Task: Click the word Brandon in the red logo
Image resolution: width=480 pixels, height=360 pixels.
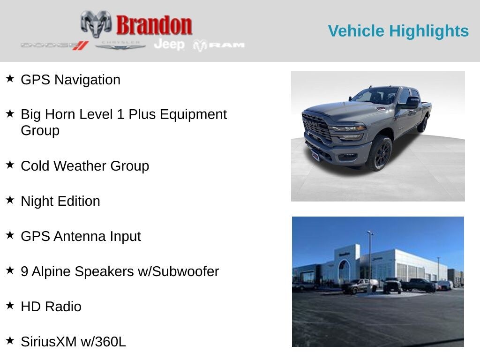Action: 154,25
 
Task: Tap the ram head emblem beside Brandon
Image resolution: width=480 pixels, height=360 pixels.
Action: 96,23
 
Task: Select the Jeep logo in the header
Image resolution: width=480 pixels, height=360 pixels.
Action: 169,45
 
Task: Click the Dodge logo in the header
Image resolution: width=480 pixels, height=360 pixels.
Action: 54,45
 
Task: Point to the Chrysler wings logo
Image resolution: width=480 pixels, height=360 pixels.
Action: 120,45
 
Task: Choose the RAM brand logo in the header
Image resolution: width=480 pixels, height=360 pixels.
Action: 219,45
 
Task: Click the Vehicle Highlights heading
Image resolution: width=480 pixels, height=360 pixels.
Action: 398,31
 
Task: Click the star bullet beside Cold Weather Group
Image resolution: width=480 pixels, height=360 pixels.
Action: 10,165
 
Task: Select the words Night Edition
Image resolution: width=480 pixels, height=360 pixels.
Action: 60,201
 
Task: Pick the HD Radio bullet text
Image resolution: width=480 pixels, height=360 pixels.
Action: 51,307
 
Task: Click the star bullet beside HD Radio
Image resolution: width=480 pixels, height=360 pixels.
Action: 10,305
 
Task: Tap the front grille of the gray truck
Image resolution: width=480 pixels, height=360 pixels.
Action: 317,127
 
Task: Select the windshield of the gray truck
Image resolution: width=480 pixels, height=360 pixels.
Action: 375,96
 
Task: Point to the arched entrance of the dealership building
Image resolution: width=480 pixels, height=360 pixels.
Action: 344,271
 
